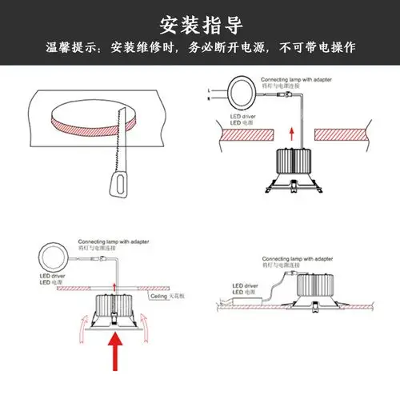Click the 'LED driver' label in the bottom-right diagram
pyautogui.click(x=241, y=285)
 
